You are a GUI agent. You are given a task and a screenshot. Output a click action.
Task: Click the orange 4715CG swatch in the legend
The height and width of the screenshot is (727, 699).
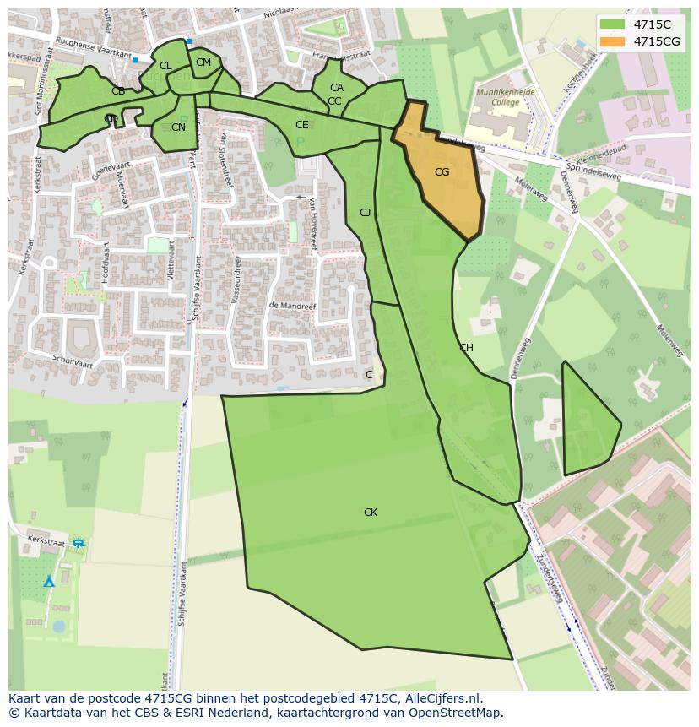[613, 41]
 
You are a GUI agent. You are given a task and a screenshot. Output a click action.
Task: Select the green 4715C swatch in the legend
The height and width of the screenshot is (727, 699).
[613, 24]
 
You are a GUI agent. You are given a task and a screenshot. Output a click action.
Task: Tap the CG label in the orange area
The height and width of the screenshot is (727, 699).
[442, 172]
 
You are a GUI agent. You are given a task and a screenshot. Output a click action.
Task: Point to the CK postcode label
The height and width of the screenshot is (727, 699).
[370, 513]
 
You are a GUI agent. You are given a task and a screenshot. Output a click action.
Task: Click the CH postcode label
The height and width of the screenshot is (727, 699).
[466, 348]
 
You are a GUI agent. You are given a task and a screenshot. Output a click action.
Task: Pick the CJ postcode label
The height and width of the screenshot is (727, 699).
[365, 213]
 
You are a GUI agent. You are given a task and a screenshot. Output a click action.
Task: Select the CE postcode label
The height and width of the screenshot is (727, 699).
[301, 125]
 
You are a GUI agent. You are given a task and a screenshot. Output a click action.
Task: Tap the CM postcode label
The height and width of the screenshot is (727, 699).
[203, 62]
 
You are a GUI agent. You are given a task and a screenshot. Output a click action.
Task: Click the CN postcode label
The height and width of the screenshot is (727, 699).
[178, 127]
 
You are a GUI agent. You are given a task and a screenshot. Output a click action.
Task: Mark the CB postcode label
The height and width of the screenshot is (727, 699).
[118, 91]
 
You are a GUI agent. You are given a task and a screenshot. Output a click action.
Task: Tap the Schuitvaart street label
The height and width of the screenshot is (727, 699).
[71, 361]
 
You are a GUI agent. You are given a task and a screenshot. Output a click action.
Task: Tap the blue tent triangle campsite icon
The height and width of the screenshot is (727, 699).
[49, 581]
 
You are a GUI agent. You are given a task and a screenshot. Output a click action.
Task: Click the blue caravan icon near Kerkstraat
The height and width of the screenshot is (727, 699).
[79, 544]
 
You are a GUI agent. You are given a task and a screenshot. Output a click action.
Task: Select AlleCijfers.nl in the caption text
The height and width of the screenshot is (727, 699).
[440, 698]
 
